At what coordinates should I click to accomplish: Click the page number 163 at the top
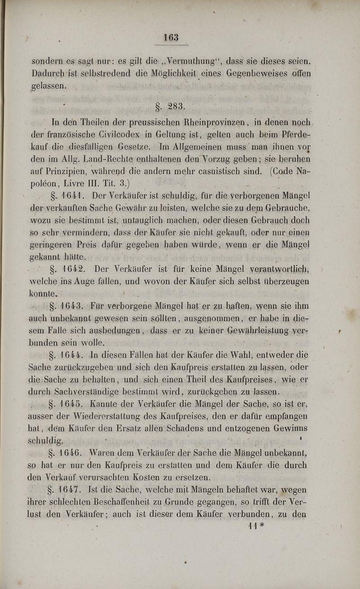pos(171,38)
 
